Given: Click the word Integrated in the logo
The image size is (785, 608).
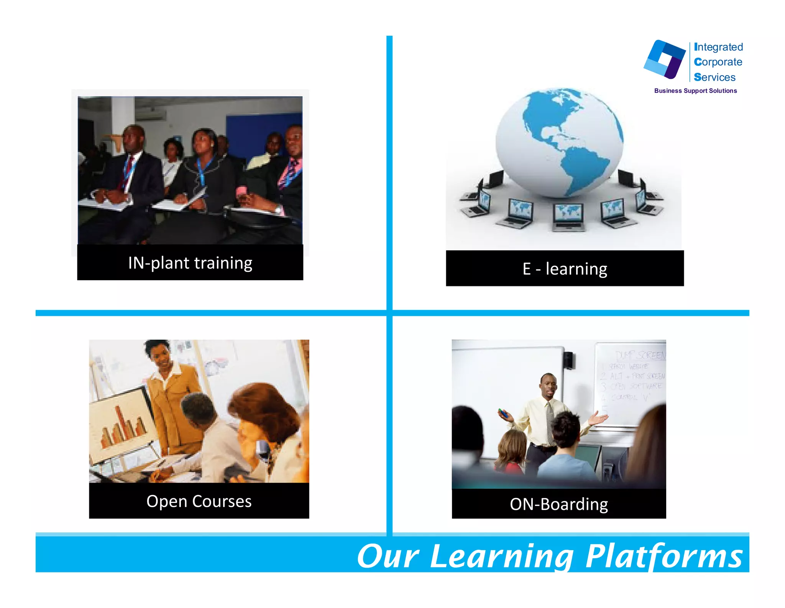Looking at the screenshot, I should pyautogui.click(x=718, y=47).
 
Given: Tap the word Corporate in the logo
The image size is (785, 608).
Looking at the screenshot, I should pyautogui.click(x=718, y=62).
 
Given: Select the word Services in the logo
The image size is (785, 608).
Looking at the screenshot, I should pyautogui.click(x=714, y=77).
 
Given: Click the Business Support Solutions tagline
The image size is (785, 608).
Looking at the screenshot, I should pyautogui.click(x=695, y=91).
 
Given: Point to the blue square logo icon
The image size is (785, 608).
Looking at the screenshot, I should pyautogui.click(x=665, y=59).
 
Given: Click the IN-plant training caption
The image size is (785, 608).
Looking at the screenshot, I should pyautogui.click(x=190, y=263).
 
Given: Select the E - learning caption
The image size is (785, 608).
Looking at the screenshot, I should pyautogui.click(x=565, y=269).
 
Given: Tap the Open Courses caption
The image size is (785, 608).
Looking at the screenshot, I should pyautogui.click(x=199, y=501).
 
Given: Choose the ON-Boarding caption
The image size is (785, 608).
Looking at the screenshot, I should pyautogui.click(x=559, y=504).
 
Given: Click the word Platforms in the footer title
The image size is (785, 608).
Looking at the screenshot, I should pyautogui.click(x=664, y=556).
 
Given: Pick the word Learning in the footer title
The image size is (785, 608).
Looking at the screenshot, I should pyautogui.click(x=501, y=557).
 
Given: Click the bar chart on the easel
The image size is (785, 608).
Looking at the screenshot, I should pyautogui.click(x=122, y=426).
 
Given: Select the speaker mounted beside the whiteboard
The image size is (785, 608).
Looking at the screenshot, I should pyautogui.click(x=569, y=360).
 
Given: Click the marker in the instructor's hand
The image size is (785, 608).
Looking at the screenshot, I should pyautogui.click(x=504, y=414).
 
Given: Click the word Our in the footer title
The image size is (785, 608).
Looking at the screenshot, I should pyautogui.click(x=388, y=557).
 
